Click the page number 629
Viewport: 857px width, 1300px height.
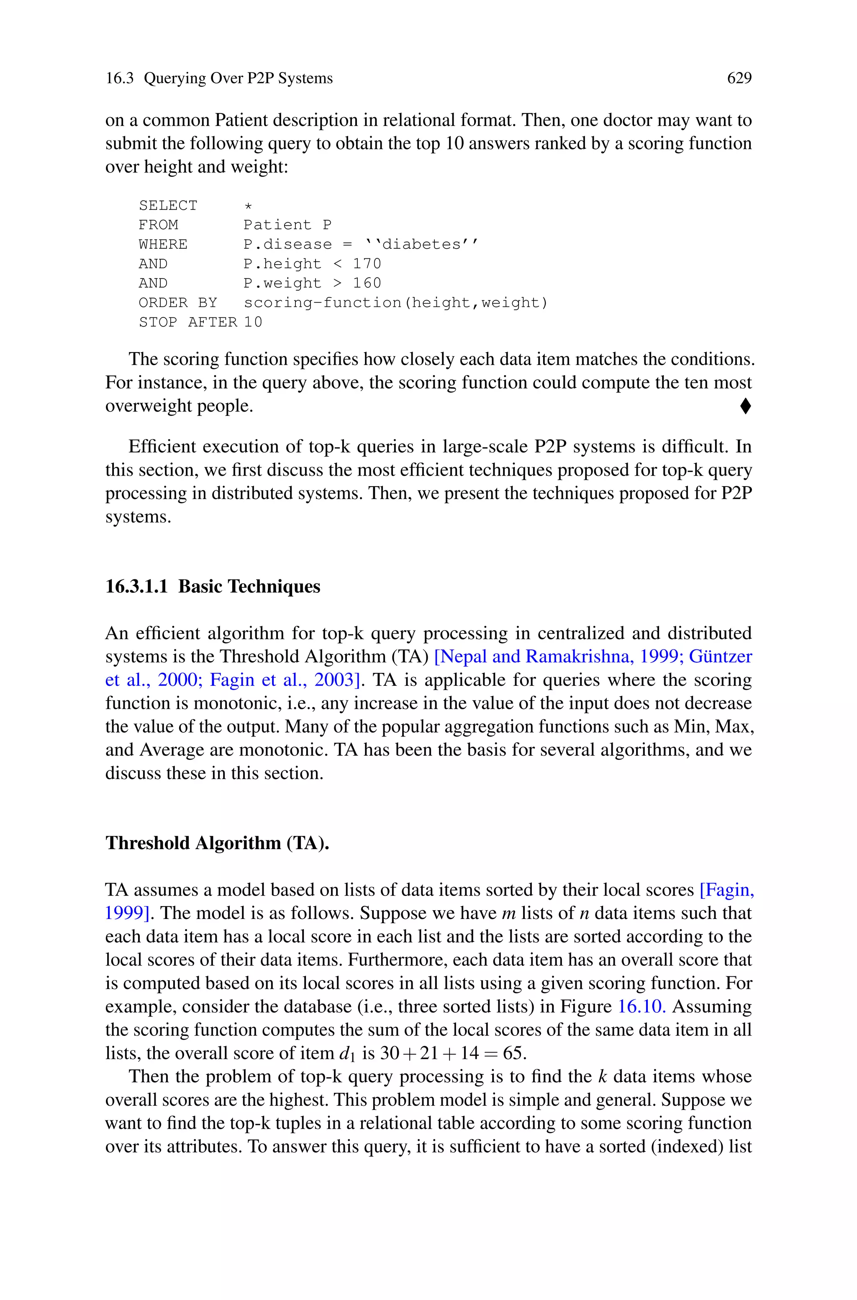[739, 78]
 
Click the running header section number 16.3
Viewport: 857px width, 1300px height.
[119, 78]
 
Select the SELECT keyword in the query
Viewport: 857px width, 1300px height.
[168, 206]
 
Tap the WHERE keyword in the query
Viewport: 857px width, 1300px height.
[163, 245]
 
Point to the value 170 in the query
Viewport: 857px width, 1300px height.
[367, 263]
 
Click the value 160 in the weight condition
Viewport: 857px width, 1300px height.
[367, 283]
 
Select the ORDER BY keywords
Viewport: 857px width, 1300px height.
[177, 302]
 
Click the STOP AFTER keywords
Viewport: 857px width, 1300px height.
[187, 322]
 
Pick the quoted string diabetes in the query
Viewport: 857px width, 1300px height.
[421, 245]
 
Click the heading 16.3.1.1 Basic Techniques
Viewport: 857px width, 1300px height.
[213, 586]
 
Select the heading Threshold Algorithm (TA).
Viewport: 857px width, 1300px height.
[217, 843]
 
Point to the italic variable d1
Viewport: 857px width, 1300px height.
[346, 1053]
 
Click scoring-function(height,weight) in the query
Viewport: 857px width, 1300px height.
[395, 302]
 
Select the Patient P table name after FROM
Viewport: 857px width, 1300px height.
[287, 225]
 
